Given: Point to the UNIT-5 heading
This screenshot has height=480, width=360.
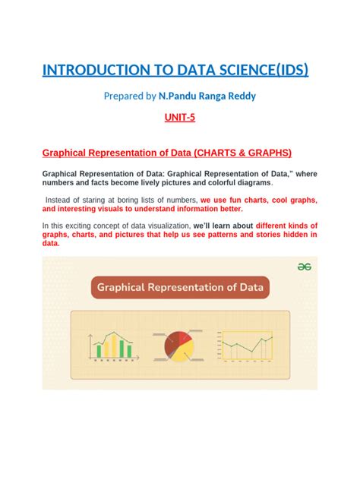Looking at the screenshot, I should click(x=179, y=118).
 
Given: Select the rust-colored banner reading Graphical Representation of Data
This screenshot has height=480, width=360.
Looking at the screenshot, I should click(x=179, y=289).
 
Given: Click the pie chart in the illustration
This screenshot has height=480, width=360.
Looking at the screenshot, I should click(x=180, y=346).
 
